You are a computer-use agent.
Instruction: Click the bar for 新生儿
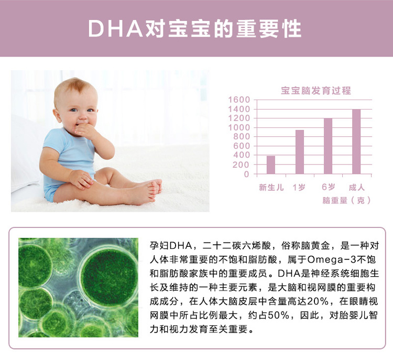coord(271,165)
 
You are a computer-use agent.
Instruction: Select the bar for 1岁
coord(300,152)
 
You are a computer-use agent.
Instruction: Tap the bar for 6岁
coord(328,146)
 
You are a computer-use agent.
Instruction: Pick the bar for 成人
coord(356,141)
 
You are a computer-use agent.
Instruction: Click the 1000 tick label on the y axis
coord(239,127)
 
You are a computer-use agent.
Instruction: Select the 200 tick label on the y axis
coord(241,165)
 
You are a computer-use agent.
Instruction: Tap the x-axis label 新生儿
coord(271,187)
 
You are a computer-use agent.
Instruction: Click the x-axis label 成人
coord(357,187)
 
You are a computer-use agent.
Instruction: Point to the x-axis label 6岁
coord(329,187)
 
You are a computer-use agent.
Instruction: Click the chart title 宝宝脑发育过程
coord(316,91)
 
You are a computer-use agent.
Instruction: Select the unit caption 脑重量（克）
coord(346,200)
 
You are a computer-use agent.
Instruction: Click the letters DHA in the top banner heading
coord(116,29)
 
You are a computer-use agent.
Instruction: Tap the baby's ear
coord(58,115)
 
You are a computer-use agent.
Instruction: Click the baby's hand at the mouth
coord(84,130)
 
